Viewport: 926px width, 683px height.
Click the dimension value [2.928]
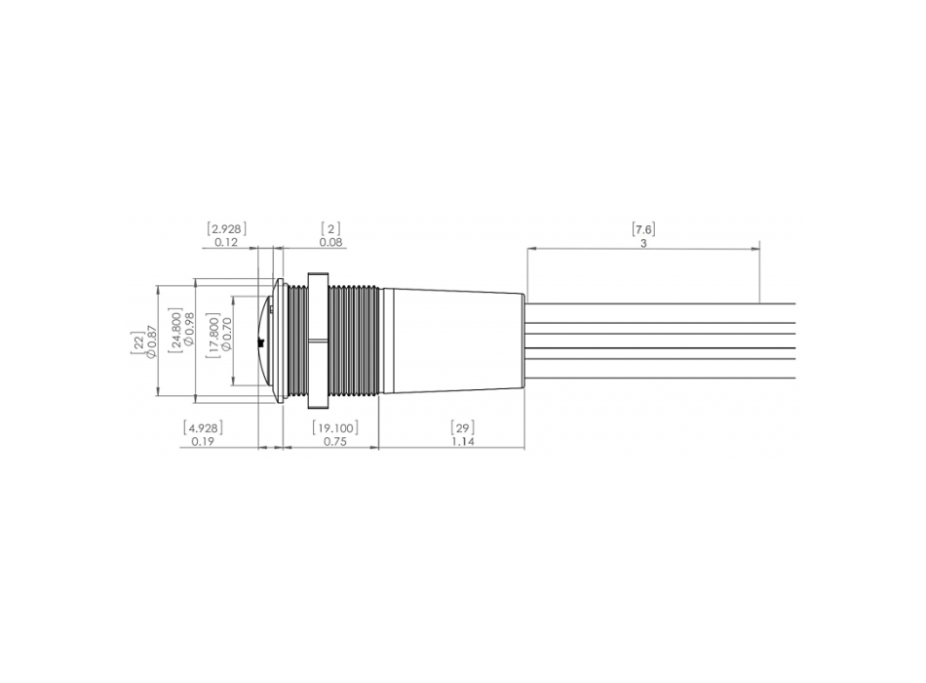[x=227, y=229]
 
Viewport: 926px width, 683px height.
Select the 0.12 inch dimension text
[x=226, y=242]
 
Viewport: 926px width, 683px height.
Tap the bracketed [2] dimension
[x=330, y=229]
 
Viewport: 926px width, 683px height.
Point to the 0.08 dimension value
[x=330, y=242]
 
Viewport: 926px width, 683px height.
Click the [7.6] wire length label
[x=643, y=229]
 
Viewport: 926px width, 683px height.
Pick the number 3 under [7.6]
[x=643, y=243]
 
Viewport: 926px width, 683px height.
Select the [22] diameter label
[x=137, y=343]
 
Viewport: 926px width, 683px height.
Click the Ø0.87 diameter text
[x=151, y=341]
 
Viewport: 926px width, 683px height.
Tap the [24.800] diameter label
[x=175, y=331]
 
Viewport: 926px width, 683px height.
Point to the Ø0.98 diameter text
[x=189, y=330]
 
